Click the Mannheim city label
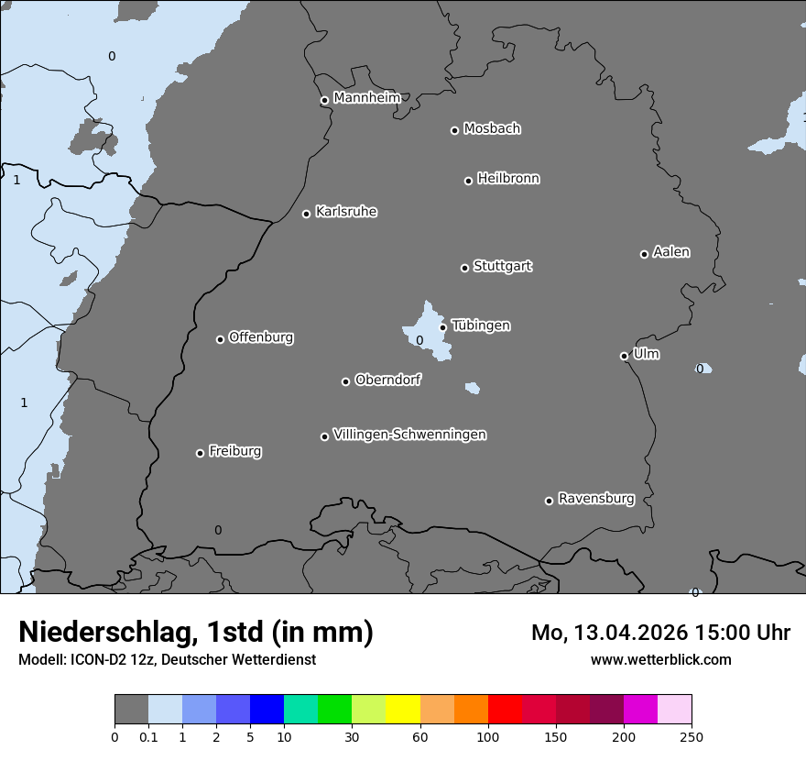click(366, 98)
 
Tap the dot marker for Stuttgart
click(464, 268)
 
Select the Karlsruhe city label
click(346, 212)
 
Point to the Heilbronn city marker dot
click(468, 181)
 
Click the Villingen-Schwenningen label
click(409, 435)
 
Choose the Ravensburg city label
click(596, 499)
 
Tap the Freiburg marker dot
click(200, 453)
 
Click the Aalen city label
click(671, 252)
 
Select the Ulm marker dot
click(624, 356)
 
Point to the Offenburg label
click(261, 337)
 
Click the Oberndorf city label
click(388, 380)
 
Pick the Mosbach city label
click(492, 129)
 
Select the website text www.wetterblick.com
click(660, 659)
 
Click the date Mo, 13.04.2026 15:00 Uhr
click(660, 633)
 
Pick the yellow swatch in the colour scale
click(402, 710)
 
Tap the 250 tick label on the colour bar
click(692, 736)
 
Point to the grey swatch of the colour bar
click(131, 710)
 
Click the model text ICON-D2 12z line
click(167, 659)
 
